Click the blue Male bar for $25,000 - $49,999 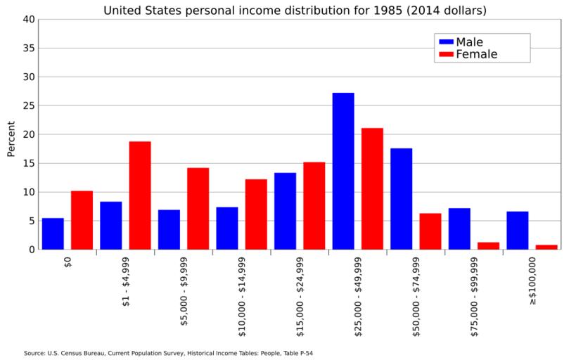click(343, 171)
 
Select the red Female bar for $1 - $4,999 click(140, 195)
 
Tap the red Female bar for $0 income click(82, 220)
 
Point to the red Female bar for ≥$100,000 click(546, 247)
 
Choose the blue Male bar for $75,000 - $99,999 click(459, 229)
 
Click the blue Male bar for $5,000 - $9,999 click(169, 229)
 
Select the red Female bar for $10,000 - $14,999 click(256, 214)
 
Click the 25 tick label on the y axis click(28, 106)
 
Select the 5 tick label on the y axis click(31, 221)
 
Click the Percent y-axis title click(11, 139)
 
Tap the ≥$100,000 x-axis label click(533, 281)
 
